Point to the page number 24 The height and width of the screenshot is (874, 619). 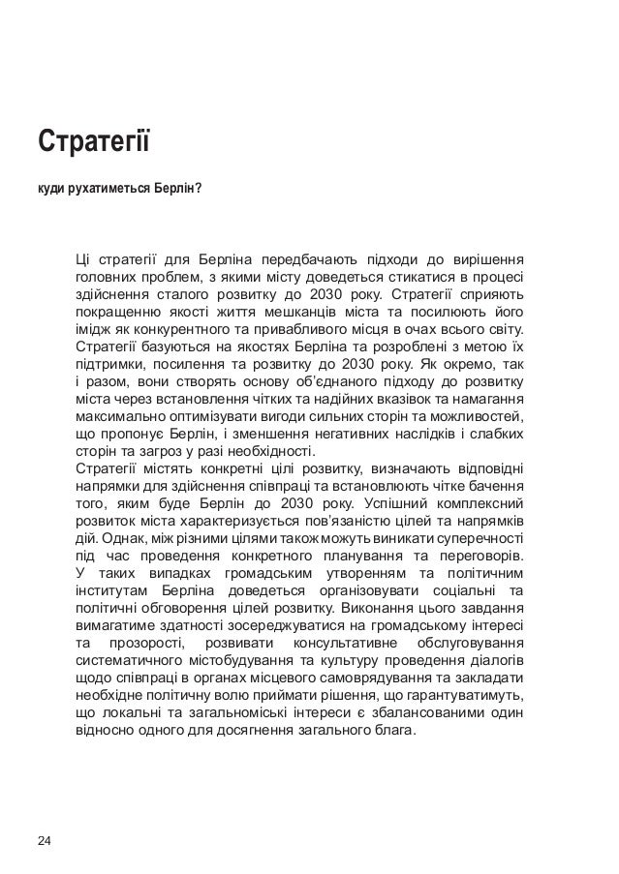pyautogui.click(x=45, y=838)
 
